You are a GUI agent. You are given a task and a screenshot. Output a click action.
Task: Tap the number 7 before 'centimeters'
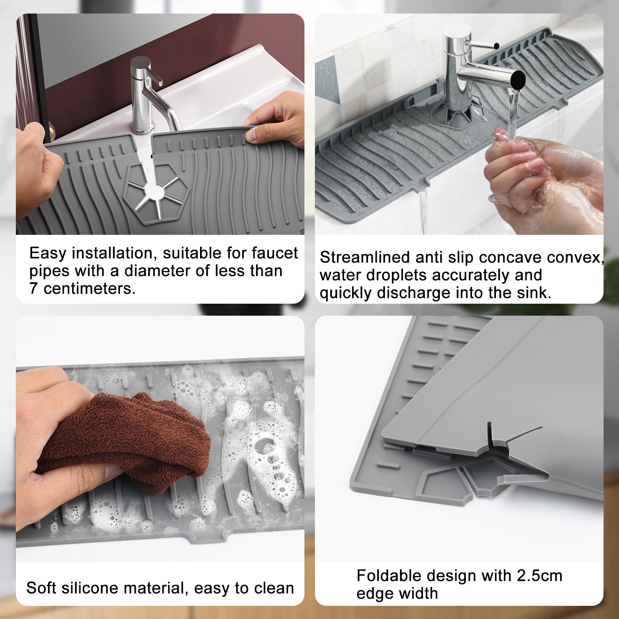(x=34, y=289)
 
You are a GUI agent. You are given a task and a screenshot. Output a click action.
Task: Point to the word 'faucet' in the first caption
(x=275, y=253)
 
